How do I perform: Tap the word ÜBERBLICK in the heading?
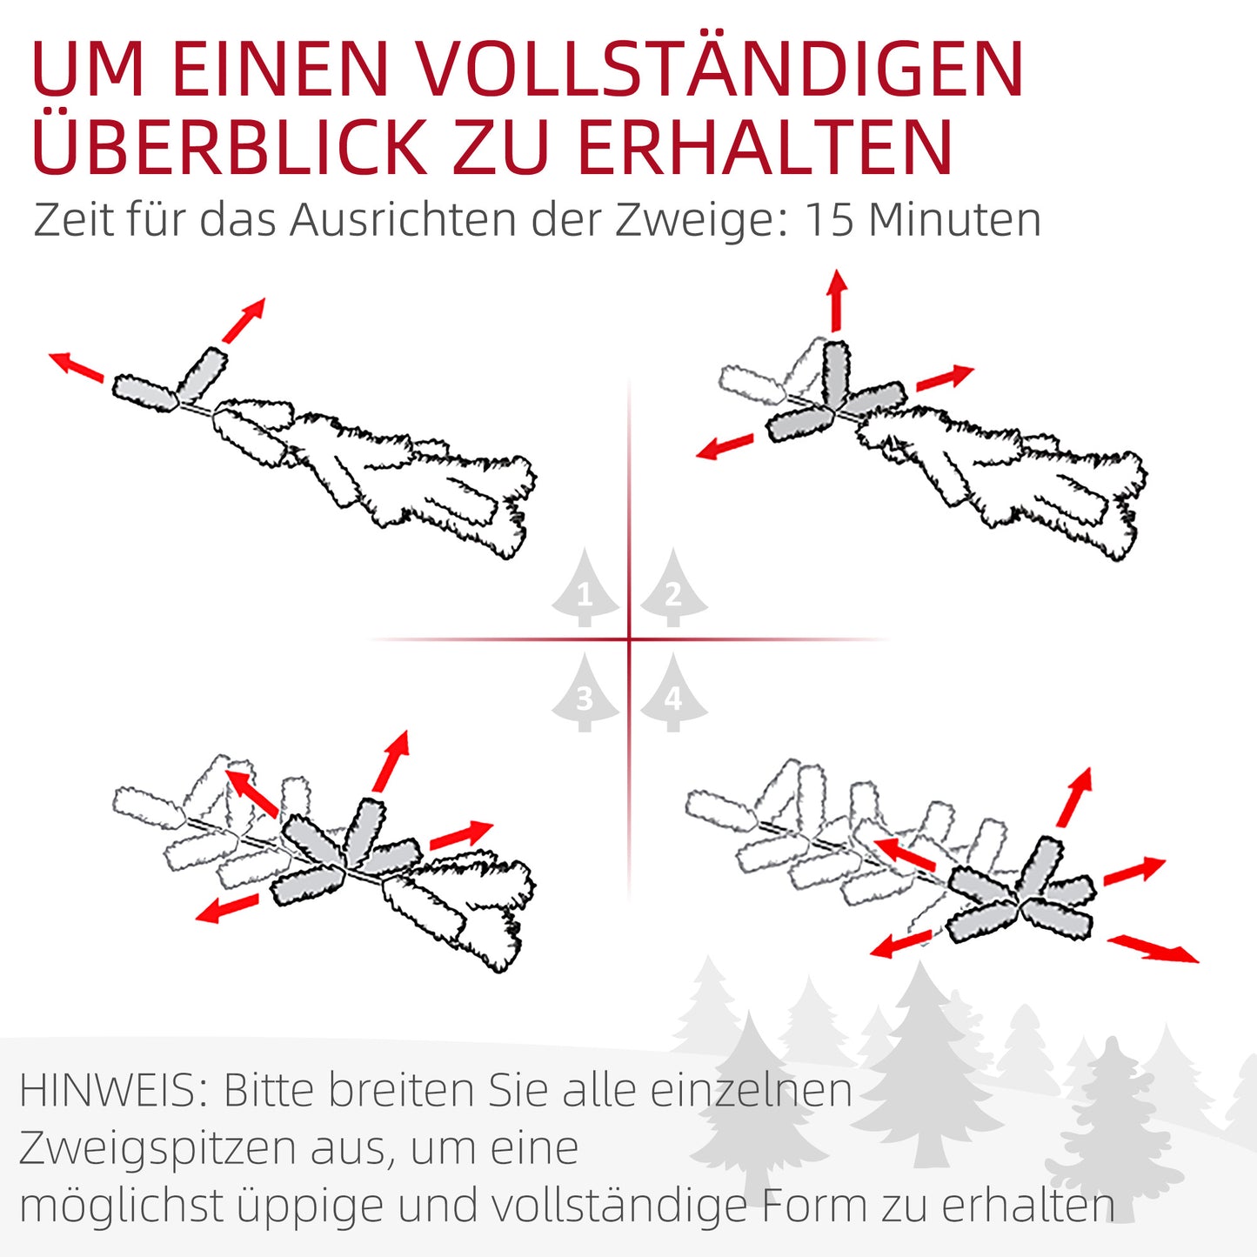228,146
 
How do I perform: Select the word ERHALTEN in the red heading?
766,146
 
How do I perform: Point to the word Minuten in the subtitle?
954,219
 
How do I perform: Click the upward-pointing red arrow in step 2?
837,299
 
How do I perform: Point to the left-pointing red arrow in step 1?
77,366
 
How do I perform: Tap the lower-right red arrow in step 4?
1153,948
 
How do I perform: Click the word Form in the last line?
815,1206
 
